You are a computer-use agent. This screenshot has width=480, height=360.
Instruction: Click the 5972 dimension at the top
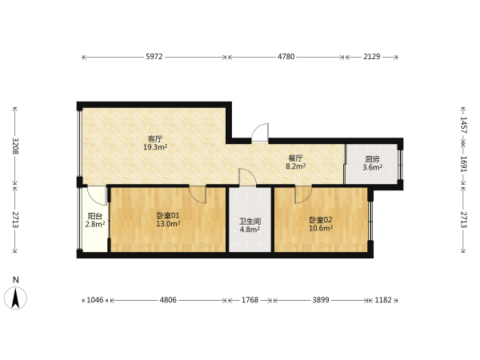(154, 57)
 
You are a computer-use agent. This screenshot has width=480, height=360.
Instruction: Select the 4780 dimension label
(286, 57)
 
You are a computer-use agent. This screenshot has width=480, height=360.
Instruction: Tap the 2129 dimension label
(372, 57)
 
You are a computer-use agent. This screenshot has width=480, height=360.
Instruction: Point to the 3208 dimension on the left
(15, 146)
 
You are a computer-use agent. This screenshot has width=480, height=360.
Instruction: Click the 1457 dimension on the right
(463, 125)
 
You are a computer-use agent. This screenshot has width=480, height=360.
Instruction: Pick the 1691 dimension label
(463, 164)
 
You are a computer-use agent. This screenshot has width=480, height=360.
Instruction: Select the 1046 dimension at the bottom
(95, 300)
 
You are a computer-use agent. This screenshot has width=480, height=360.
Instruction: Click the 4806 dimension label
(168, 300)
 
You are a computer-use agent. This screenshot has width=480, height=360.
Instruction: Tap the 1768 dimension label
(250, 300)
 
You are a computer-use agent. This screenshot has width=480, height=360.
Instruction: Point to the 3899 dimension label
(321, 300)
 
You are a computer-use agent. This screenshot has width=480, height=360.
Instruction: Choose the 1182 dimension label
(383, 300)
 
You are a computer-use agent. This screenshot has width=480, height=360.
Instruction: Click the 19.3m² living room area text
(155, 147)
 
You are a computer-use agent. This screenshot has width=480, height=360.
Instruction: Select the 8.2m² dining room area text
(295, 166)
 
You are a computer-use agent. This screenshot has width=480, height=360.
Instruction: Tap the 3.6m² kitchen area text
(373, 167)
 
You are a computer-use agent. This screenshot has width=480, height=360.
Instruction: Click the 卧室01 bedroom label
(168, 215)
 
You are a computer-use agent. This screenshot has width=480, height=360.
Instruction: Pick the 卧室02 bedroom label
(321, 220)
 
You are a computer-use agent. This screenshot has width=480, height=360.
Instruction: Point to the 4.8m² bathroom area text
(250, 230)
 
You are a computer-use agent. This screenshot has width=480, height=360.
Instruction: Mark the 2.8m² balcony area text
(95, 224)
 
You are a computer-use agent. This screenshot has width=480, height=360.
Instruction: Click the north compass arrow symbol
(15, 298)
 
